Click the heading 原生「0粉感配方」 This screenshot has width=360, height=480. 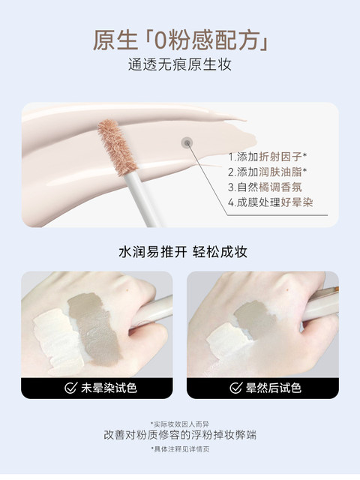[181, 40]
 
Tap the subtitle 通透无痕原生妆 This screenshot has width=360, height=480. [180, 65]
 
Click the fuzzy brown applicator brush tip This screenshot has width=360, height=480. [118, 147]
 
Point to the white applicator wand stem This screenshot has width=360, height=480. [142, 199]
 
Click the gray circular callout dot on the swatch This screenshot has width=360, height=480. [187, 142]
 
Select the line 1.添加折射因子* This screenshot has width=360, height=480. [268, 157]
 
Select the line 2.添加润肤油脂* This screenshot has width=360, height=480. [268, 172]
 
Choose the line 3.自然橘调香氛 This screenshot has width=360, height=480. [265, 187]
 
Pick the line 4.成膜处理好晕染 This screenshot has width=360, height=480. [271, 202]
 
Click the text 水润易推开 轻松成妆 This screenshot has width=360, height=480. [183, 252]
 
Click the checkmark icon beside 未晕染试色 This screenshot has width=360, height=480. [70, 388]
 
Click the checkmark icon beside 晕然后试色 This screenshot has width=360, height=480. [236, 388]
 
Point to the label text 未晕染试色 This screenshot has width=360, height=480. [109, 388]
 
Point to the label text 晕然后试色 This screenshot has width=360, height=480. [274, 388]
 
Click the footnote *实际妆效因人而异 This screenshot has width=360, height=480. [180, 424]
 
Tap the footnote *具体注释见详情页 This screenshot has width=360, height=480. [180, 449]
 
